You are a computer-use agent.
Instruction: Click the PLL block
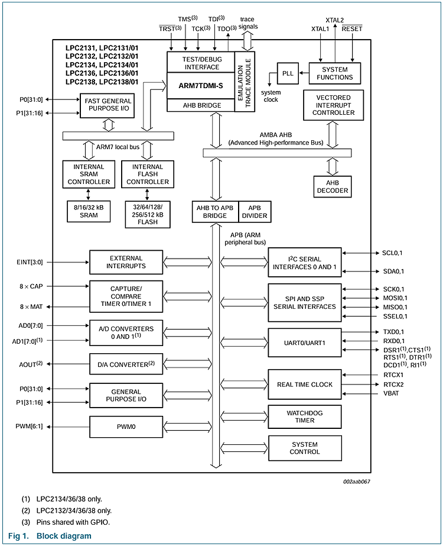pyautogui.click(x=288, y=73)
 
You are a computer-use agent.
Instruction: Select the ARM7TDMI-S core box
pyautogui.click(x=201, y=86)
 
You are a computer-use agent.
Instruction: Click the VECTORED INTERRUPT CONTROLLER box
pyautogui.click(x=333, y=105)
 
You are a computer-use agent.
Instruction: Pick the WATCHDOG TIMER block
pyautogui.click(x=305, y=417)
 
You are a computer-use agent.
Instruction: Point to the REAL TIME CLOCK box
pyautogui.click(x=305, y=385)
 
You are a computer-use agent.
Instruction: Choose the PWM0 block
pyautogui.click(x=126, y=425)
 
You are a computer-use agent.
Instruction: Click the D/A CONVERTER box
pyautogui.click(x=126, y=364)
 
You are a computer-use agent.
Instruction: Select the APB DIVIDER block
pyautogui.click(x=255, y=212)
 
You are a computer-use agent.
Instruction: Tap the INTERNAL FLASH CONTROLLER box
pyautogui.click(x=148, y=174)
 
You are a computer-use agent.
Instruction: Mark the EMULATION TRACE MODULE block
pyautogui.click(x=244, y=81)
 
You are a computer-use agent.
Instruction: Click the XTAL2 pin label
pyautogui.click(x=334, y=21)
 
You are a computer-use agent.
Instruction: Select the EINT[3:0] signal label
pyautogui.click(x=30, y=261)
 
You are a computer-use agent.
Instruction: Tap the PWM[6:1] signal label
pyautogui.click(x=30, y=426)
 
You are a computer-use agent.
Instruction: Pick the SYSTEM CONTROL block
pyautogui.click(x=305, y=448)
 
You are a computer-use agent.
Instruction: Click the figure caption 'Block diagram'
pyautogui.click(x=64, y=536)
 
